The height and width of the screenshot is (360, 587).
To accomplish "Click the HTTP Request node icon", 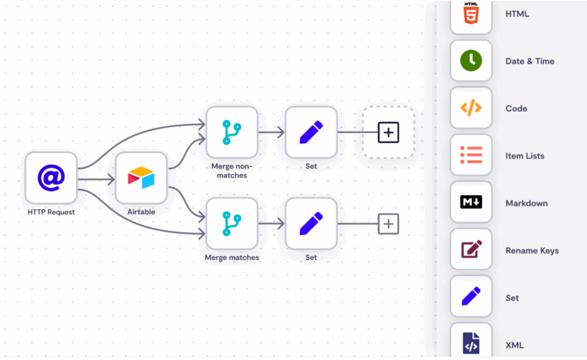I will click(51, 178).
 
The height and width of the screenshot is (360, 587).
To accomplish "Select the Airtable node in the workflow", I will click(141, 178).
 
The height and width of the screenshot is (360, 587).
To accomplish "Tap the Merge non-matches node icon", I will click(232, 132).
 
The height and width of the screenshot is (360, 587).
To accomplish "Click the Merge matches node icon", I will click(232, 224).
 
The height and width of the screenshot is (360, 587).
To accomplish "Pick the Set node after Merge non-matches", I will click(311, 132).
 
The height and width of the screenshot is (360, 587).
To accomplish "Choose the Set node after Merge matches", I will click(311, 224).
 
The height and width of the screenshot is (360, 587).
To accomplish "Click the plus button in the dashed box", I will click(388, 132).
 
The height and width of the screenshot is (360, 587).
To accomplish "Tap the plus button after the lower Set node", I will click(388, 224).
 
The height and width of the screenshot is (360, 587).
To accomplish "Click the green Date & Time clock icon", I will click(471, 61).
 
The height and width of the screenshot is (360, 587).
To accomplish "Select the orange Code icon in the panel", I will click(471, 108).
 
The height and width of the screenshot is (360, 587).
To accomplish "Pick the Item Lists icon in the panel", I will click(471, 155).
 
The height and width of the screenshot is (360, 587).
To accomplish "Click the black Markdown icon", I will click(471, 202).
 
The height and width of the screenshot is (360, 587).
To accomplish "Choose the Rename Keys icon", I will click(471, 250).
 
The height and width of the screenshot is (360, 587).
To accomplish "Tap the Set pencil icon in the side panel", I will click(471, 297).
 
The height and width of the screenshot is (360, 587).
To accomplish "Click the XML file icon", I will click(471, 343).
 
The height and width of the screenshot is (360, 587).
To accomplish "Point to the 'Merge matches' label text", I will click(232, 258).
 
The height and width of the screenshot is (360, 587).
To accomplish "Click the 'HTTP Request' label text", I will click(51, 212).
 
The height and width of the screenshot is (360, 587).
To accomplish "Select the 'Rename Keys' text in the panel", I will click(532, 251).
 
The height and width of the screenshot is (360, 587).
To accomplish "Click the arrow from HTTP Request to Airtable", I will click(96, 180).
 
